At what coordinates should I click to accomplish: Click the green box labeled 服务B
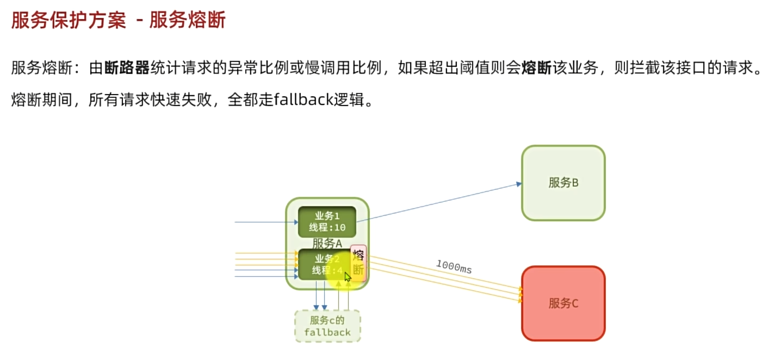pyautogui.click(x=563, y=183)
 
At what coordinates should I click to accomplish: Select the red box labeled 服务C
pyautogui.click(x=563, y=303)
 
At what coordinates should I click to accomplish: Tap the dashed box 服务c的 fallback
pyautogui.click(x=327, y=326)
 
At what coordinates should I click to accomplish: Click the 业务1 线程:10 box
pyautogui.click(x=327, y=222)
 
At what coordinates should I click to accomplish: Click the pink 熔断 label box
pyautogui.click(x=358, y=262)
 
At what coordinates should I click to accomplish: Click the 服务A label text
pyautogui.click(x=327, y=244)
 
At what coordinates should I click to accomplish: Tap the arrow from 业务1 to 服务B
pyautogui.click(x=435, y=202)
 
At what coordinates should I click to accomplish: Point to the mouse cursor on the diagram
pyautogui.click(x=348, y=276)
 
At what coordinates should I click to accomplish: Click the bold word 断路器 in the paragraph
pyautogui.click(x=127, y=69)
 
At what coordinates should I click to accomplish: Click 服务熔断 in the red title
pyautogui.click(x=187, y=21)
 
